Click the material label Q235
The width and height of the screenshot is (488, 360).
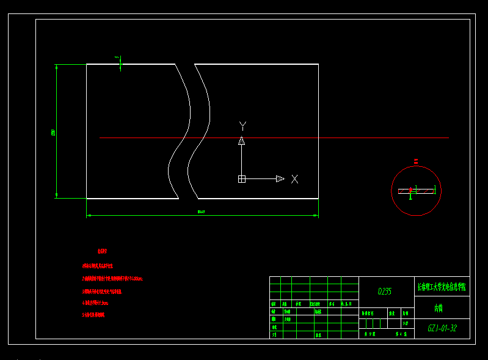[385, 292]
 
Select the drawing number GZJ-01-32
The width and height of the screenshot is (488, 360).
[442, 328]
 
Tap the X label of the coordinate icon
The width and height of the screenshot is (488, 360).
[294, 179]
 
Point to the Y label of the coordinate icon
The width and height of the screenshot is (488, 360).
[242, 126]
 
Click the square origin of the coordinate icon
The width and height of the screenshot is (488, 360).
[241, 179]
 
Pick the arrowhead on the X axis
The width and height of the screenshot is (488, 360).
[280, 179]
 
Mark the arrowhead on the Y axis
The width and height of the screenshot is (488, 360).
[241, 141]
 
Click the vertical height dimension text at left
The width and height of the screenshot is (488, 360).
[53, 132]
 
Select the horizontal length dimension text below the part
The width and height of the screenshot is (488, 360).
[202, 212]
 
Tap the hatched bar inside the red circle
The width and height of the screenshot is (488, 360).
[417, 191]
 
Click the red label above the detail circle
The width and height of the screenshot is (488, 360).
[416, 161]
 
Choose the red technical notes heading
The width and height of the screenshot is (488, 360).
[102, 251]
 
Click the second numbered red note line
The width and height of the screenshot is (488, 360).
[112, 279]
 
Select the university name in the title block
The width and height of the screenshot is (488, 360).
[442, 286]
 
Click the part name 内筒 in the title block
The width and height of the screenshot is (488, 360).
[438, 308]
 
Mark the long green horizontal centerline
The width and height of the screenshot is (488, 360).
[366, 138]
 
